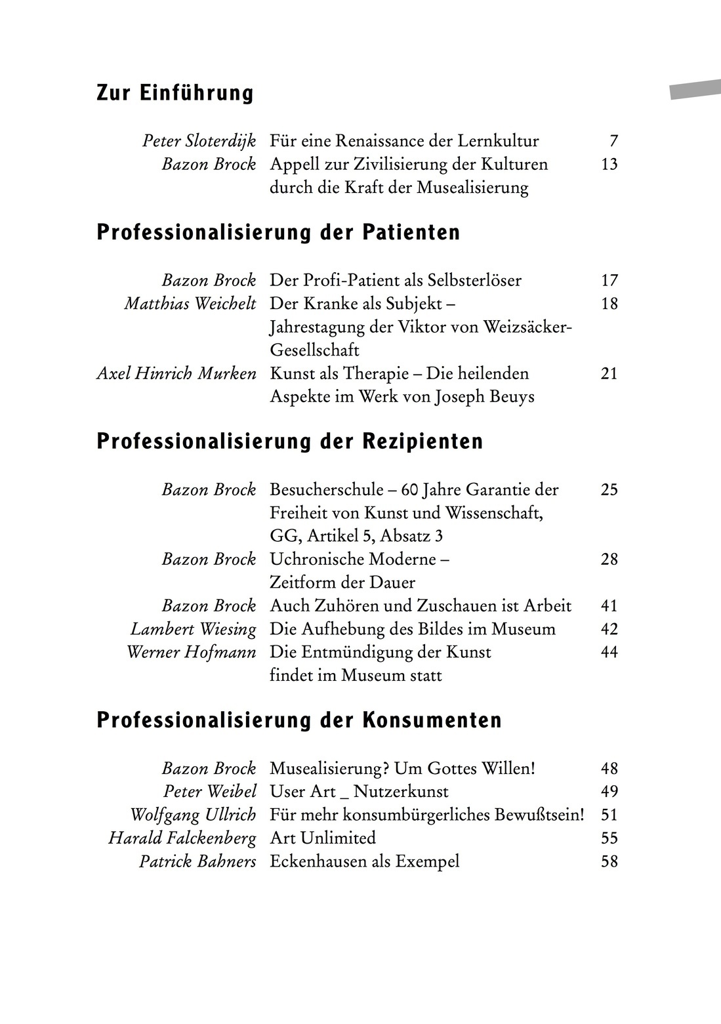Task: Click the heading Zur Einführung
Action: click(175, 93)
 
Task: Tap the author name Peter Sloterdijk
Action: click(199, 141)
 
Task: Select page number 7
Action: click(613, 141)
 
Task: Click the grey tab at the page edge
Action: click(695, 89)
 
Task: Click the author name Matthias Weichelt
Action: click(190, 304)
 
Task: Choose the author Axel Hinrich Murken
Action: click(176, 374)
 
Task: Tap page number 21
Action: click(609, 374)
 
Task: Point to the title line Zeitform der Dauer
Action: click(342, 583)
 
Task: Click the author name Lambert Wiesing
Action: click(193, 629)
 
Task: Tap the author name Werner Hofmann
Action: click(191, 653)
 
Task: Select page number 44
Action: click(609, 653)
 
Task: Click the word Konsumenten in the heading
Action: click(432, 720)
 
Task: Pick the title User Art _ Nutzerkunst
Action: click(359, 792)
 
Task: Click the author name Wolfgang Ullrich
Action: click(193, 815)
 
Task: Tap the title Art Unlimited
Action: click(322, 838)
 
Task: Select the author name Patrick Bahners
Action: click(197, 861)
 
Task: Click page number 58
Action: click(609, 861)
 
